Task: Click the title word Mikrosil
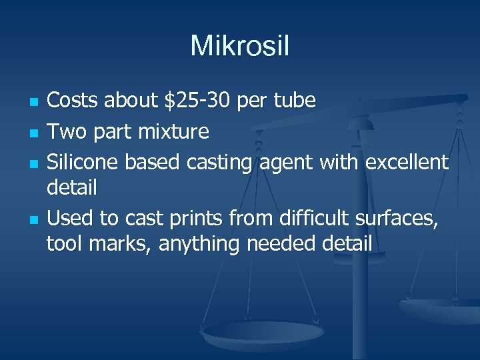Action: (x=239, y=46)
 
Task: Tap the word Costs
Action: (x=73, y=101)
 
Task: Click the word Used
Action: (x=68, y=217)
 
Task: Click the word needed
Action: (x=283, y=244)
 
